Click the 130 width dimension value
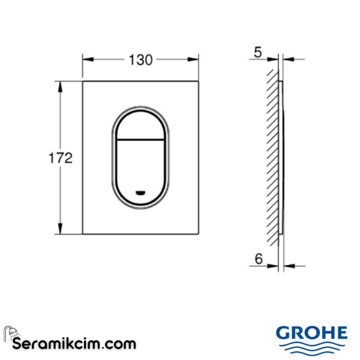tap(140, 59)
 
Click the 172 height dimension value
tap(60, 158)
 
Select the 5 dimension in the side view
tap(257, 52)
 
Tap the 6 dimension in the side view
tap(259, 259)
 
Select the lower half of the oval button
tap(140, 168)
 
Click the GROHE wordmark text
tap(311, 333)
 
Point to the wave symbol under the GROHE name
tap(311, 347)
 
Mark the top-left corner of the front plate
tap(82, 80)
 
